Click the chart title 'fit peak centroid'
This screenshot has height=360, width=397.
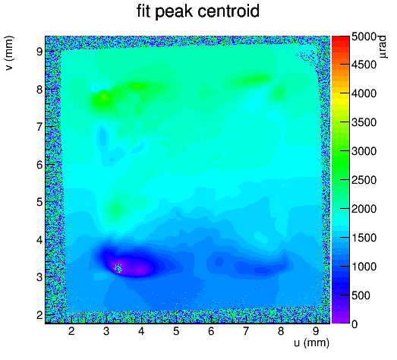point(198,11)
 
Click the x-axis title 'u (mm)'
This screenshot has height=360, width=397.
point(311,343)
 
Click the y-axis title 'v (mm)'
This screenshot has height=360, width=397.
point(9,53)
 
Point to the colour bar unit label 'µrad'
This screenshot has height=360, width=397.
point(383,47)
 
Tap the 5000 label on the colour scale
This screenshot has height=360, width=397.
point(364,36)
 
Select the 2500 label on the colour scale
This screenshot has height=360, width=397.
point(364,180)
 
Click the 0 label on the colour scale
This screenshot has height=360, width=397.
point(354,324)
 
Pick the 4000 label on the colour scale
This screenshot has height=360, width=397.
point(364,93)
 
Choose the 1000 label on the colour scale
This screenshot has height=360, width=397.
point(364,267)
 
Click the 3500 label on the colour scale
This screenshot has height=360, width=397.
point(364,122)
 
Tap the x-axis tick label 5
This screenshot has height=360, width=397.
point(176,331)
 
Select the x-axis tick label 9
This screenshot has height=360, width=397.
point(316,331)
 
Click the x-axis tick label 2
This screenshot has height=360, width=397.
point(71,331)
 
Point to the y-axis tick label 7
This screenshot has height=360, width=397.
point(39,127)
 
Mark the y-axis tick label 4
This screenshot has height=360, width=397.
point(39,239)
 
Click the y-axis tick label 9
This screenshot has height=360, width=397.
point(39,52)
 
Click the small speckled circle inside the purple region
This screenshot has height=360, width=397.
point(118,268)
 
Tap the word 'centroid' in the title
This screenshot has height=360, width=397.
point(228,11)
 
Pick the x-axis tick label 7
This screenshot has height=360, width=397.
point(246,331)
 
